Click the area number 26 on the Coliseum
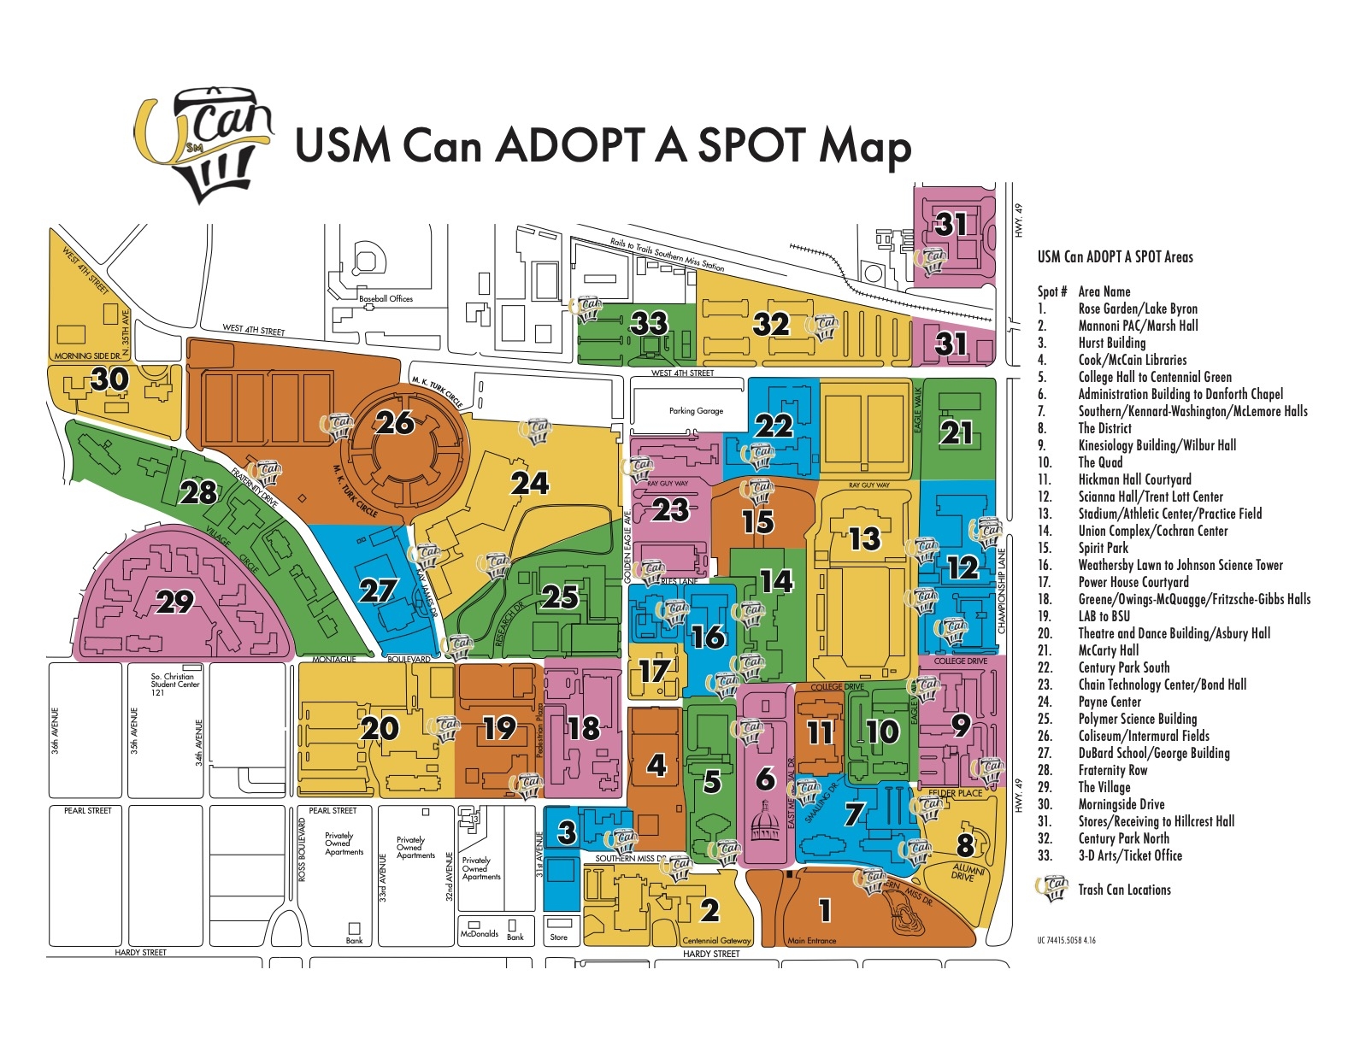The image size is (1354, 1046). point(395,422)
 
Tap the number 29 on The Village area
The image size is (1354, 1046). point(175,602)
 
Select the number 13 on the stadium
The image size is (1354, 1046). point(864,538)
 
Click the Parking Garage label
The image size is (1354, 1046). point(696,411)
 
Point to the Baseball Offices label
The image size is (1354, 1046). point(386,299)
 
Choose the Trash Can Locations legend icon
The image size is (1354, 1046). point(1052,889)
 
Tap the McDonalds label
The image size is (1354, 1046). point(480,934)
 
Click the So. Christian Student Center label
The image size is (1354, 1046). point(174,684)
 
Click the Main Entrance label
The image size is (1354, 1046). point(811,941)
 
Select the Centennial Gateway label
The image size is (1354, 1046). point(716,941)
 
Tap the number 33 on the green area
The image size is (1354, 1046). point(649,323)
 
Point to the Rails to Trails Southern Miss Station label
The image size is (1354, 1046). point(667,255)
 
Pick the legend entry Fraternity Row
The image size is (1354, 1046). point(1112,770)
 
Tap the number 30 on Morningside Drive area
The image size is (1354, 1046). point(109,379)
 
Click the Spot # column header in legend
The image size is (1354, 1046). point(1051,291)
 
